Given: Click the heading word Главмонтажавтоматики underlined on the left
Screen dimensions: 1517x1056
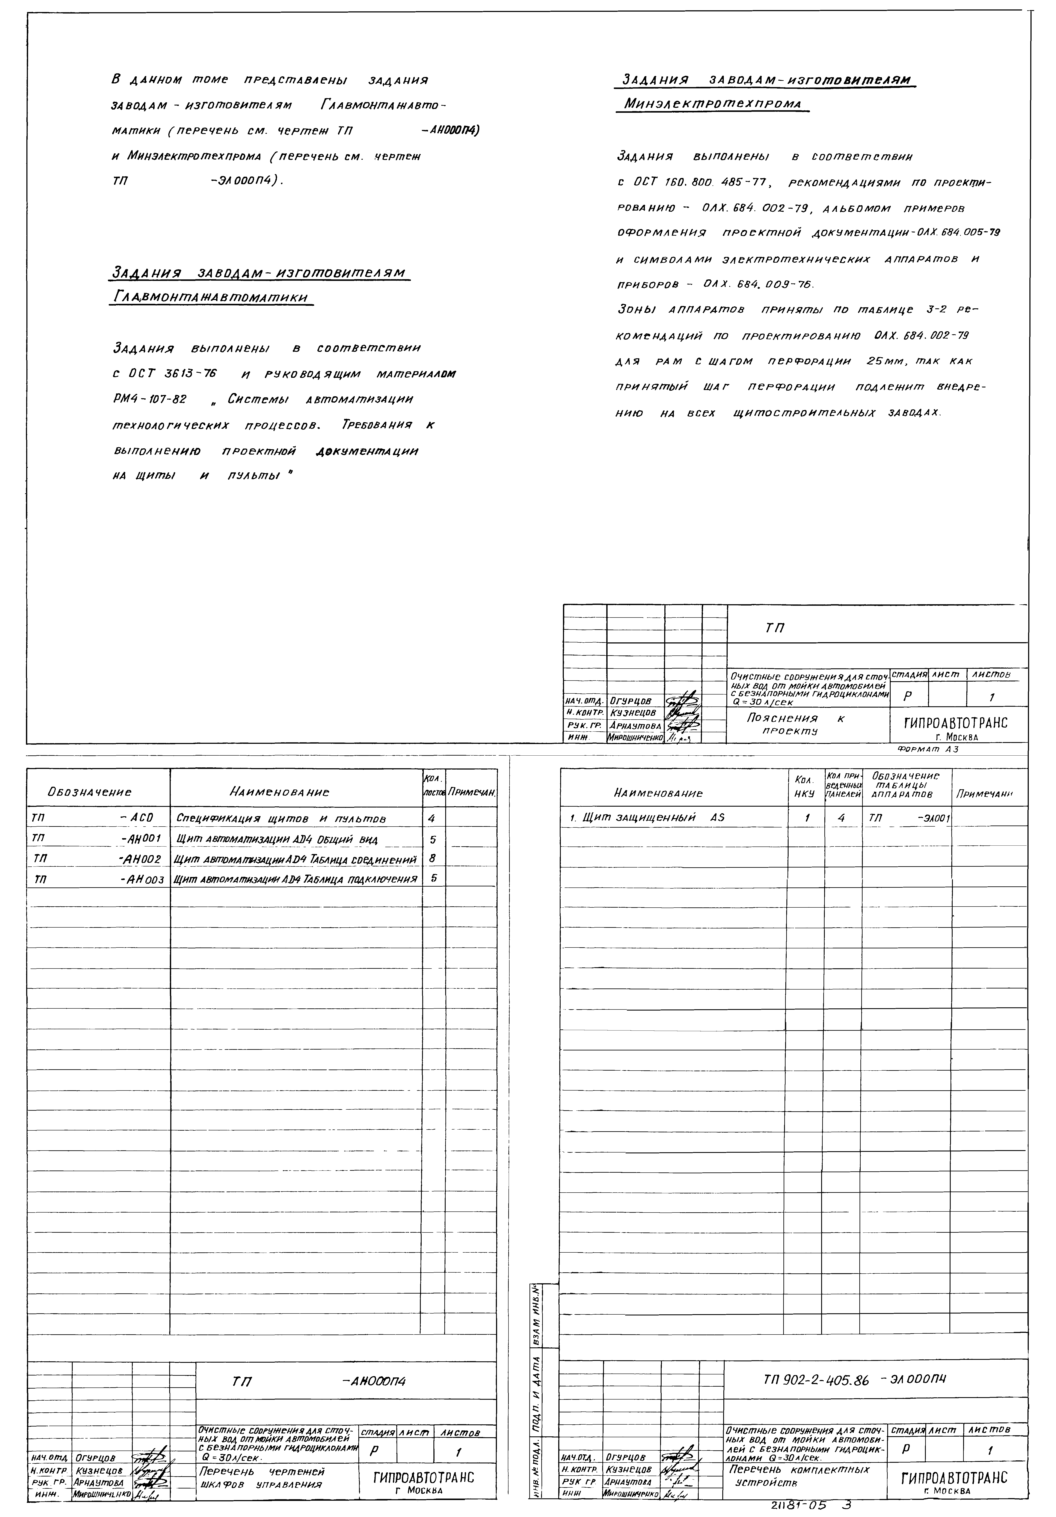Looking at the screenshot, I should (x=210, y=298).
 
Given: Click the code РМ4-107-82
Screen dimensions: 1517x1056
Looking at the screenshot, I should (x=150, y=400).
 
